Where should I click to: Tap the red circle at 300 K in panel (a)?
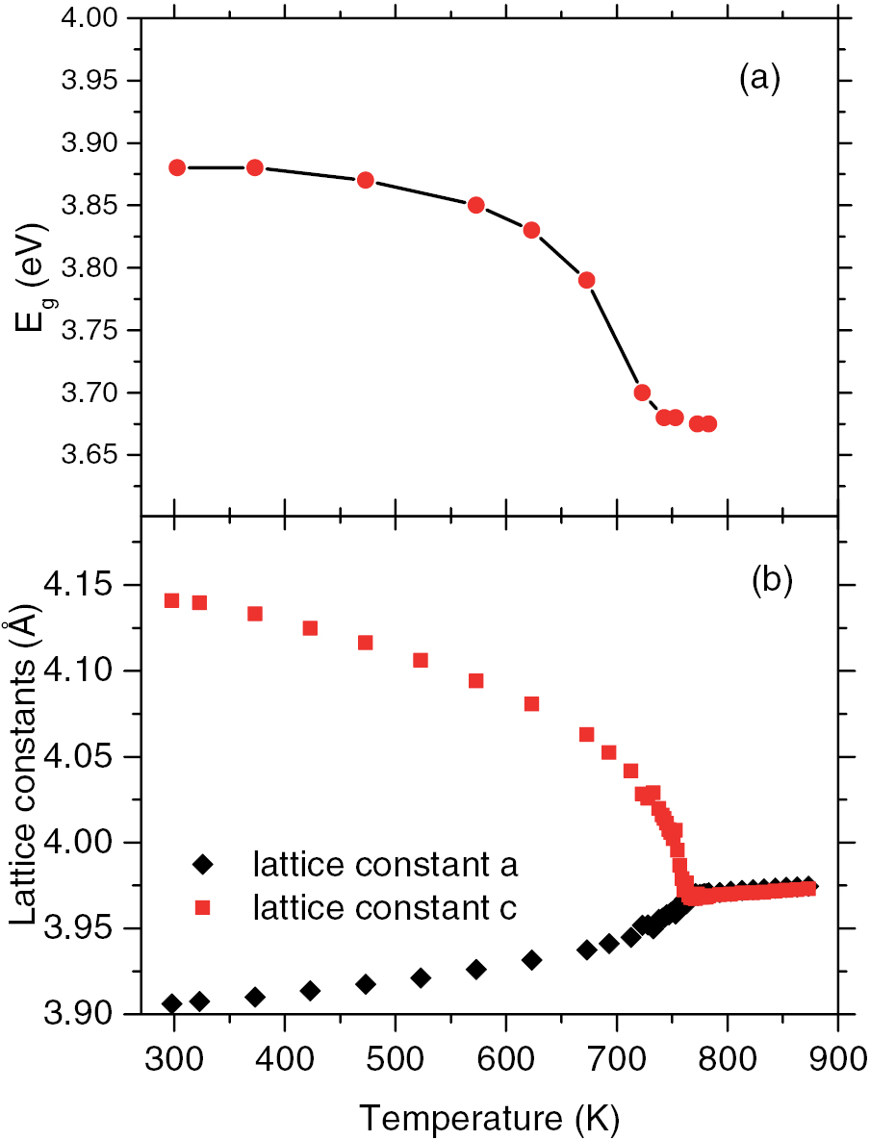[177, 167]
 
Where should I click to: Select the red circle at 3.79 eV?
[586, 280]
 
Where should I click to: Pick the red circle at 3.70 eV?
[642, 393]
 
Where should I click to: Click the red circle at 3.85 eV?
[475, 205]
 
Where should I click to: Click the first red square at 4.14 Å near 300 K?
[172, 600]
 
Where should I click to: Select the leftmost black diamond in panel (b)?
[172, 1004]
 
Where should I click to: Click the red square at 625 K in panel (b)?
[531, 704]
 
